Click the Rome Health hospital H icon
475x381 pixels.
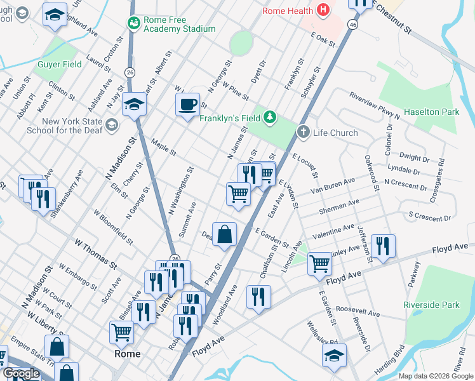324,10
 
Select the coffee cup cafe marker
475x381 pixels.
187,105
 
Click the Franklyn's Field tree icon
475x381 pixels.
271,117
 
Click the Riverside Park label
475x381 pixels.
431,305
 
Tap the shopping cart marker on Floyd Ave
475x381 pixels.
319,264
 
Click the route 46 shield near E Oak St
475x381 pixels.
352,24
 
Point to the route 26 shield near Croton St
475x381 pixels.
130,72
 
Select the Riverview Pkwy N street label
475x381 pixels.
375,105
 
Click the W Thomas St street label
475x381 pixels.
96,252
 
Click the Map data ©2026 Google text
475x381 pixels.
435,376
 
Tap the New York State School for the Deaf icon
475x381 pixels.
112,124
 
